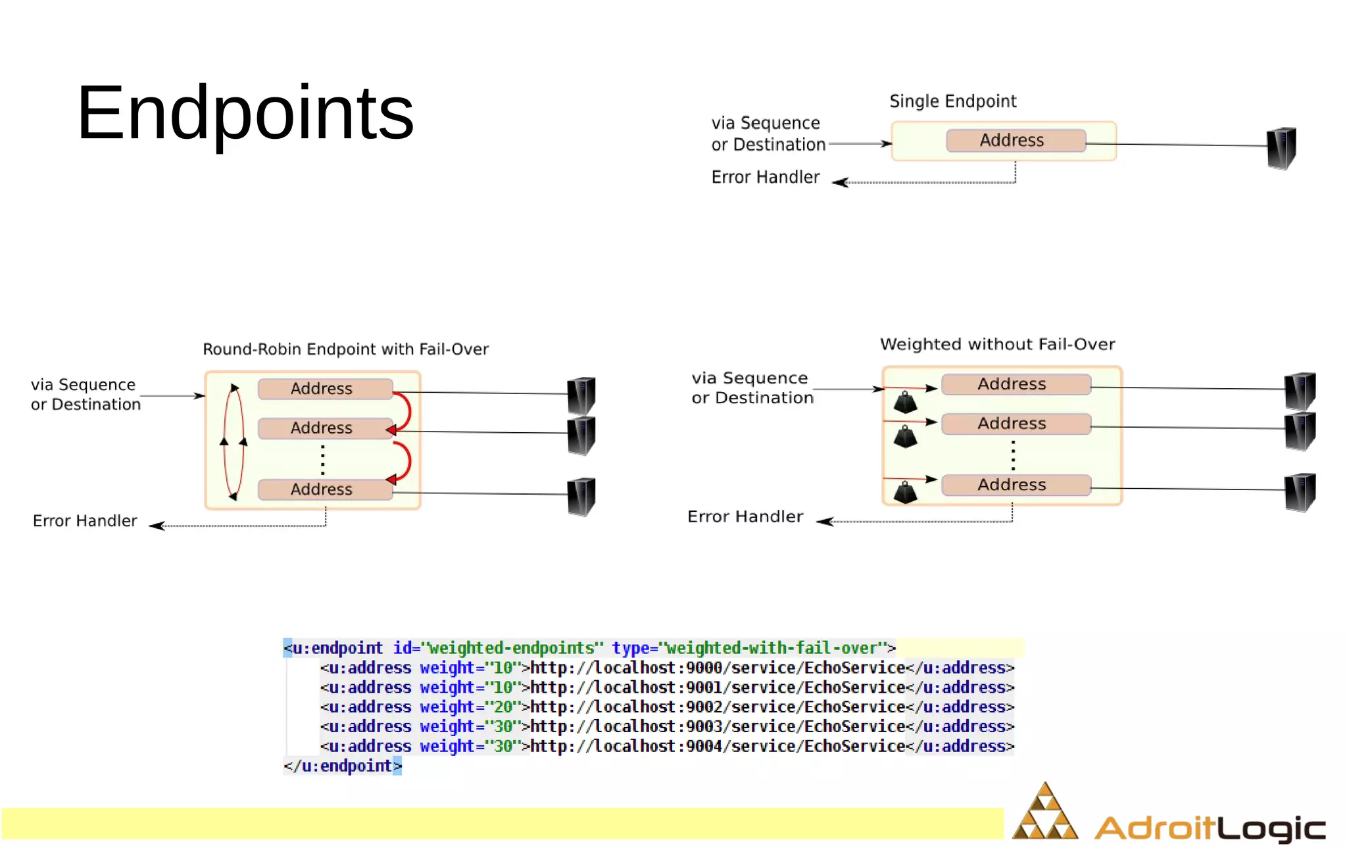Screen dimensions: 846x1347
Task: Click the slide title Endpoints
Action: pos(245,113)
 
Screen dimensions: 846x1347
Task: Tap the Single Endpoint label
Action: pos(952,101)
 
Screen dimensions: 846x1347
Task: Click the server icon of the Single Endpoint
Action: pos(1281,148)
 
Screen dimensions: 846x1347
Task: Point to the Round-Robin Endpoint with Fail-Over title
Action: pos(345,349)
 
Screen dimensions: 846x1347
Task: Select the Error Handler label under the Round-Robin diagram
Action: pos(85,521)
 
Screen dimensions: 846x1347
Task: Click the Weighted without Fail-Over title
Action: pos(997,345)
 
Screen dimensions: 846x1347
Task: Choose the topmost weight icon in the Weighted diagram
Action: pos(905,402)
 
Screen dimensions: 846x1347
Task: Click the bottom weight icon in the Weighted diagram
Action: pos(905,492)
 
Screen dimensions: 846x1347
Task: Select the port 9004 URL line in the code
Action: pos(717,747)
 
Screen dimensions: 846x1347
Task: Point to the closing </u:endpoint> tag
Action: pos(342,766)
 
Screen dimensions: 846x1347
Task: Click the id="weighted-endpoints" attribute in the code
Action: pos(498,648)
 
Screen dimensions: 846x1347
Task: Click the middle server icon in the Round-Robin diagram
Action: pos(581,435)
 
